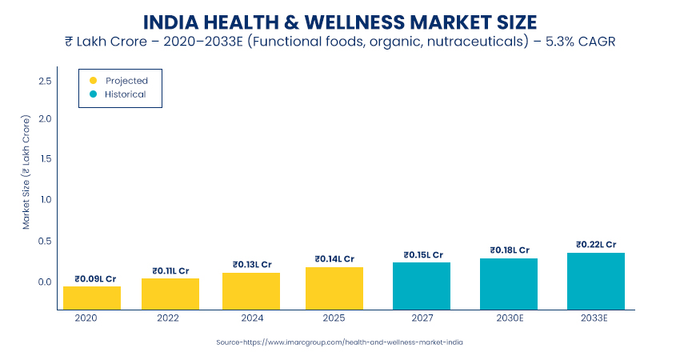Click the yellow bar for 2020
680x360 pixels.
click(x=92, y=297)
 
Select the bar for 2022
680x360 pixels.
click(x=170, y=293)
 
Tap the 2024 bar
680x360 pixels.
click(x=251, y=290)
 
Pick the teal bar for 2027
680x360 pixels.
click(x=422, y=285)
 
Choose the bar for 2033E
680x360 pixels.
click(x=596, y=281)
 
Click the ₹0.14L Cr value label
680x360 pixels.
click(x=334, y=259)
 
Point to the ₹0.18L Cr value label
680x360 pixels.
click(x=509, y=250)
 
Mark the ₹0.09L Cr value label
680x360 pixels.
click(x=92, y=278)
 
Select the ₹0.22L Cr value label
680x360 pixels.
click(x=596, y=245)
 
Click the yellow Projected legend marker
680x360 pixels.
click(x=93, y=81)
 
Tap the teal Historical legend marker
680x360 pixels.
click(x=93, y=94)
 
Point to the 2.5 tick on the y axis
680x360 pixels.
click(x=44, y=82)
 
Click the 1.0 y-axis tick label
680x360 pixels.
click(x=44, y=199)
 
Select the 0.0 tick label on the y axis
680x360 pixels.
click(x=44, y=282)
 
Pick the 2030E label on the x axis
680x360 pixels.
click(x=509, y=318)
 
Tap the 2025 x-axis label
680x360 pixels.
click(x=334, y=318)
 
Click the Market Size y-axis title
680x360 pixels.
click(x=26, y=172)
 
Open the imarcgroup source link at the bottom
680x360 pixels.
click(x=339, y=342)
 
